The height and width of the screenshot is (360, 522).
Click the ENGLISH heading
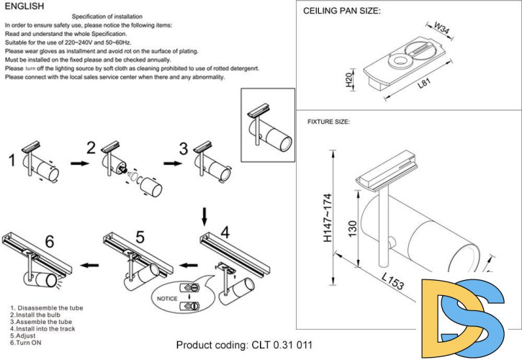tap(24, 6)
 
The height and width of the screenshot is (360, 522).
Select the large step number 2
tap(91, 148)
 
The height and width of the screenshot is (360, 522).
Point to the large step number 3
tap(183, 149)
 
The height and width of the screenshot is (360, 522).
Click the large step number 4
tap(225, 232)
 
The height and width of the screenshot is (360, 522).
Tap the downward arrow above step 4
tap(204, 215)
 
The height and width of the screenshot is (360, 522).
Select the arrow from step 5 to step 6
tap(89, 265)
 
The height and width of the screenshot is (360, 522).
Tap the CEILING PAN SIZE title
tap(342, 12)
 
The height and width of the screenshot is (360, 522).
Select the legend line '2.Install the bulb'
tap(36, 315)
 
